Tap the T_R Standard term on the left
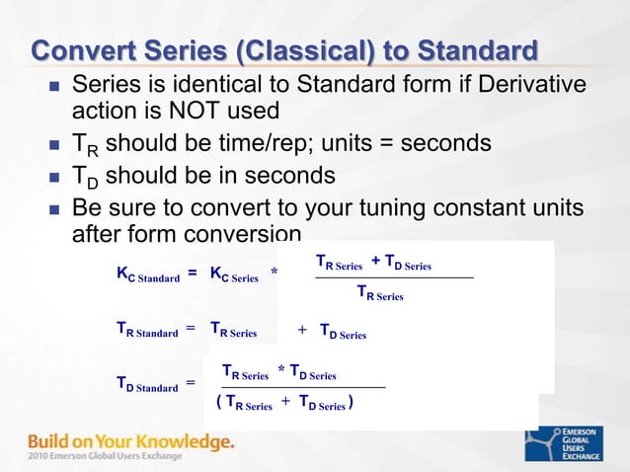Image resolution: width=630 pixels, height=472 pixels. coord(147,333)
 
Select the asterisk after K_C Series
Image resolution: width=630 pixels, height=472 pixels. coord(274,273)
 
